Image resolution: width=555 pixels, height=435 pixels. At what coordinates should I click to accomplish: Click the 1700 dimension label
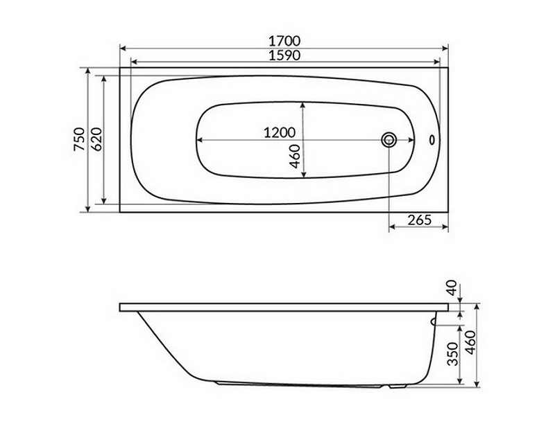coord(282,41)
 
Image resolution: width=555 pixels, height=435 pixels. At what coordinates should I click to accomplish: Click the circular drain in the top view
coord(388,140)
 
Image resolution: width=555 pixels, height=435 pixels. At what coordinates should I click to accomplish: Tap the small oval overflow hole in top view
coord(433,140)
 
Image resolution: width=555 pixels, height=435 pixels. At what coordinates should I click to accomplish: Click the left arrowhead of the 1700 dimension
coord(123,48)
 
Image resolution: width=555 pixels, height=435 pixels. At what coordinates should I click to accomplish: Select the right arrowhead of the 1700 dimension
coord(446,48)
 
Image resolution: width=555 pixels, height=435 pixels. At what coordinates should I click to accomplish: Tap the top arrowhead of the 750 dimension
coord(87,71)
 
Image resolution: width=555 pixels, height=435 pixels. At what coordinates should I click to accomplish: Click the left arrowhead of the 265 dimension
coord(391,227)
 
